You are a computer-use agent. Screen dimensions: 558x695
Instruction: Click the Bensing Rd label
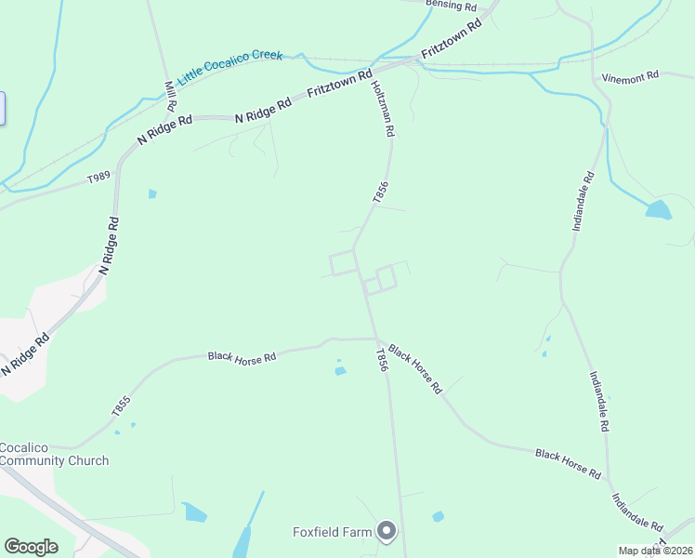(x=451, y=5)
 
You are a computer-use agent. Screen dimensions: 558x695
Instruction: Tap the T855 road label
(x=120, y=405)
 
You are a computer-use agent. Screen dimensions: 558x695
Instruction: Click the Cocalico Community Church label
(x=54, y=454)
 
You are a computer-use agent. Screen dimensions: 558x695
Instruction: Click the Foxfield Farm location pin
(x=387, y=532)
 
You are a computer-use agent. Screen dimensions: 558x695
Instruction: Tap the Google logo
(x=31, y=546)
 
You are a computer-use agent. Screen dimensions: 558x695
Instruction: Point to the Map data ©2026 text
(x=654, y=551)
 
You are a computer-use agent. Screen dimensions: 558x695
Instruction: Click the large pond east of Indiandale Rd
(x=658, y=210)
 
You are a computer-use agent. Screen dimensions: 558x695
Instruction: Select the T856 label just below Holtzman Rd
(x=378, y=193)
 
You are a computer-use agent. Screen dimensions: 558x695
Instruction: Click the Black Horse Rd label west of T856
(x=243, y=356)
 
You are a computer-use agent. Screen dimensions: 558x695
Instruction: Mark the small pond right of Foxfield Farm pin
(x=438, y=516)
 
